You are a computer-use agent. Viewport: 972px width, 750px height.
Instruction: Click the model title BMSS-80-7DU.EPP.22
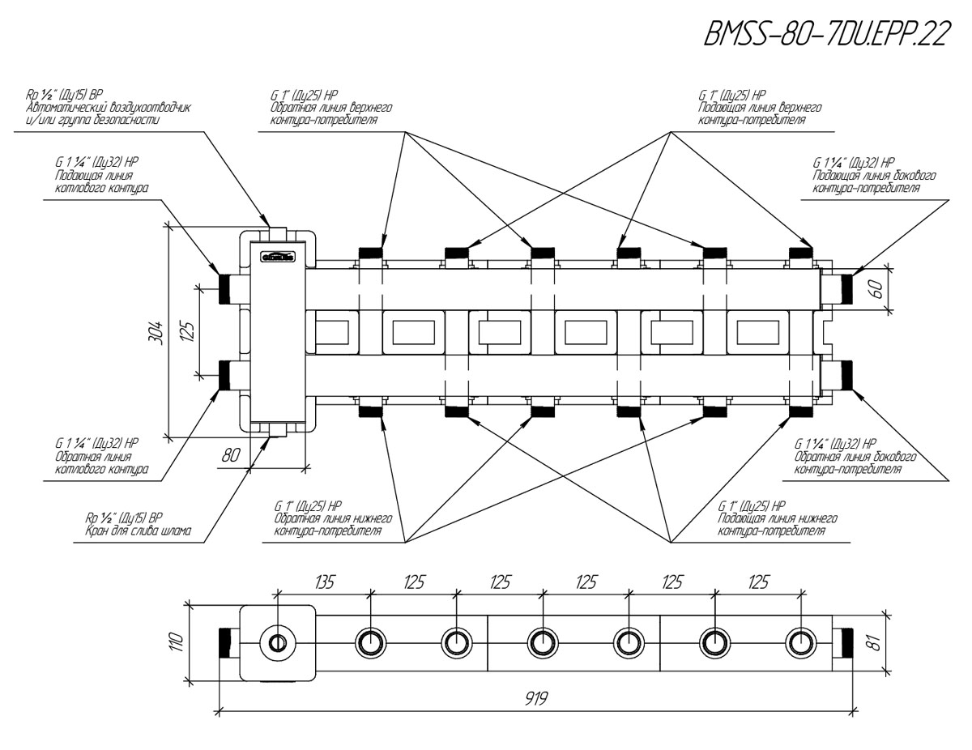(825, 34)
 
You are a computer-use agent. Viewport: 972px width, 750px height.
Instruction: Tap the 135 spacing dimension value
(324, 582)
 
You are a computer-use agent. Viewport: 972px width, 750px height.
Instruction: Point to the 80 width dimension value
(232, 455)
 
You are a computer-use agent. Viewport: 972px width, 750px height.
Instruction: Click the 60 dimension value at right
(877, 289)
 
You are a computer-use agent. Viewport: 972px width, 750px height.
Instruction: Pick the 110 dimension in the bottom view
(177, 642)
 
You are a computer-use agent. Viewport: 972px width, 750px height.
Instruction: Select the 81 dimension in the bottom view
(876, 642)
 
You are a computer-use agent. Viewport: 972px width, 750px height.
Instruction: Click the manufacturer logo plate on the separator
(277, 258)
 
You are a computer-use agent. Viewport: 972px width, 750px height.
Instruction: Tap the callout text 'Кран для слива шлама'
(139, 531)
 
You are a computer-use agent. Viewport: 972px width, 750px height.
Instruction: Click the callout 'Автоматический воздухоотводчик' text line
(109, 108)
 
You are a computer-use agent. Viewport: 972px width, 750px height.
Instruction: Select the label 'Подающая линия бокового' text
(874, 175)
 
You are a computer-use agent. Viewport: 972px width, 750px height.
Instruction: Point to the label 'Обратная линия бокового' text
(855, 457)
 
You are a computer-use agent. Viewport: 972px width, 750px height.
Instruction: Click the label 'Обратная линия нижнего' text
(333, 518)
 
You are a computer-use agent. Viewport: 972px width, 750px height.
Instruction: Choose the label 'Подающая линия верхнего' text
(760, 108)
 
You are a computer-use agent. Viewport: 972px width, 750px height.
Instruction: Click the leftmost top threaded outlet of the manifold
(370, 254)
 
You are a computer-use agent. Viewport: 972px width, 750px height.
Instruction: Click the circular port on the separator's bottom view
(278, 643)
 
